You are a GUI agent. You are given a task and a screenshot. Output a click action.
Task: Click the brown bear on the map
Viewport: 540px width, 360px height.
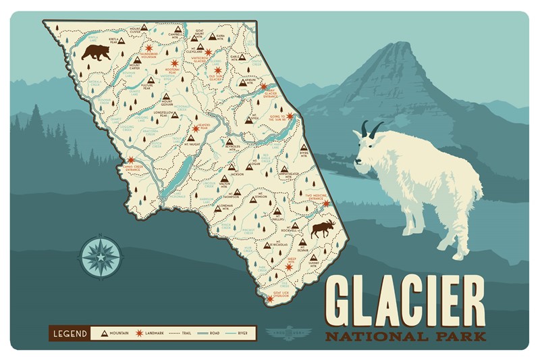point(96,51)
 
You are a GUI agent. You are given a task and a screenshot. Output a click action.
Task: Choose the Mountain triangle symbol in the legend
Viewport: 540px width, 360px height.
point(105,333)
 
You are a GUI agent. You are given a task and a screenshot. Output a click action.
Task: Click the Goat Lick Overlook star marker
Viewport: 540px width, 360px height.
point(269,298)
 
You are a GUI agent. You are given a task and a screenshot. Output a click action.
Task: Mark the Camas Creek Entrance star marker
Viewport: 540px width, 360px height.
point(131,160)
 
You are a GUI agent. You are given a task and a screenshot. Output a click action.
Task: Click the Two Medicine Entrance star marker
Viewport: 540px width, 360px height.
point(325,203)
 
